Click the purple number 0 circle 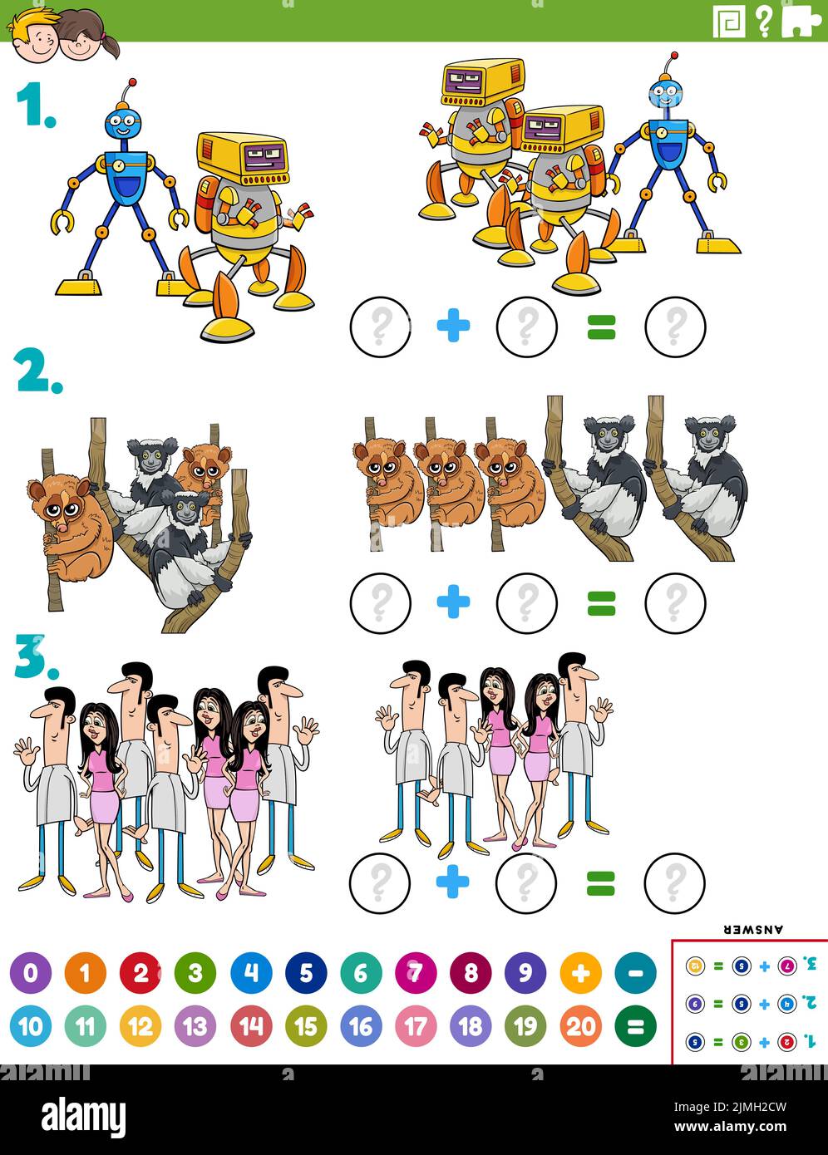tap(31, 973)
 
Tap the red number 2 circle tap(140, 973)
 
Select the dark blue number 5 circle tap(306, 973)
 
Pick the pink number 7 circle tap(416, 973)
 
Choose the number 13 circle tap(195, 1027)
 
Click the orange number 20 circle tap(580, 1027)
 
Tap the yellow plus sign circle tap(580, 973)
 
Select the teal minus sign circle tap(635, 973)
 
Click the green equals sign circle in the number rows tap(635, 1027)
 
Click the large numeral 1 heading tap(35, 106)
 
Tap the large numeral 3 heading tap(36, 657)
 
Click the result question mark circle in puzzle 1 tap(675, 327)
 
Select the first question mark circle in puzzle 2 tap(381, 602)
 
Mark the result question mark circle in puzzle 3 tap(675, 882)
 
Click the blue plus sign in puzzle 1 tap(453, 327)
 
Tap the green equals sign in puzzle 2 tap(601, 603)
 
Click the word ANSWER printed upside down tap(755, 929)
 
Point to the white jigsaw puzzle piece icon tap(802, 20)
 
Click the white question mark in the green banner tap(764, 21)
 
